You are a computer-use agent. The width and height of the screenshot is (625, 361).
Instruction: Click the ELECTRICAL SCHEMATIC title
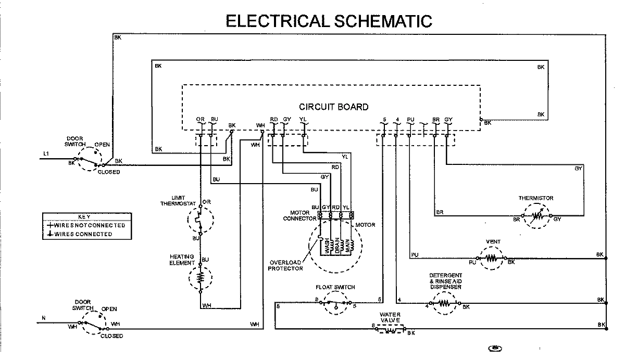(x=329, y=21)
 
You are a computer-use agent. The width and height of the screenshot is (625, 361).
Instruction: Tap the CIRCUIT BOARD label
(x=333, y=107)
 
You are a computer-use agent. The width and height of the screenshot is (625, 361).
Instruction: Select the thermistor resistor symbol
(x=537, y=215)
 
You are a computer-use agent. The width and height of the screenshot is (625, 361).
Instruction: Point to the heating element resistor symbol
(x=200, y=278)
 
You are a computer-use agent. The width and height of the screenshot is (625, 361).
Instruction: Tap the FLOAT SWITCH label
(x=335, y=287)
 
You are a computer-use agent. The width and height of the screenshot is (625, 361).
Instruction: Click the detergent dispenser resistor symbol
(x=445, y=303)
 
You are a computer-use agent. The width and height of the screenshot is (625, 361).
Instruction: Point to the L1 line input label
(x=46, y=153)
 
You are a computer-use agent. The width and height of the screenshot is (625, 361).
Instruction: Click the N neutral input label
(x=44, y=317)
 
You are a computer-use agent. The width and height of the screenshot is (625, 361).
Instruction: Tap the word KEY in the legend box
(x=84, y=216)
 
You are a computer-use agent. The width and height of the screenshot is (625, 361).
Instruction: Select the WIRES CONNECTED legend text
(x=83, y=235)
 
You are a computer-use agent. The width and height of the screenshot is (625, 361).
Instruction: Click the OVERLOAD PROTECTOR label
(x=285, y=265)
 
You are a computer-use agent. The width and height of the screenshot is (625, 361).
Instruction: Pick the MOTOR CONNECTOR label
(x=299, y=215)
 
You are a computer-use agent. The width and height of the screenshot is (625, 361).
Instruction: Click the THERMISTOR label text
(x=535, y=198)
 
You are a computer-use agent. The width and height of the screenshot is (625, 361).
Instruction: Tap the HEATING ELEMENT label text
(x=182, y=260)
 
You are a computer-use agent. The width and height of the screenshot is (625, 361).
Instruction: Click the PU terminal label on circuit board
(x=410, y=120)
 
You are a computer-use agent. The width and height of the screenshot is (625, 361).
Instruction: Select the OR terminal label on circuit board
(x=200, y=120)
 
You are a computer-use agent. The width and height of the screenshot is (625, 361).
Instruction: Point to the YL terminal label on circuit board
(x=303, y=120)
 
